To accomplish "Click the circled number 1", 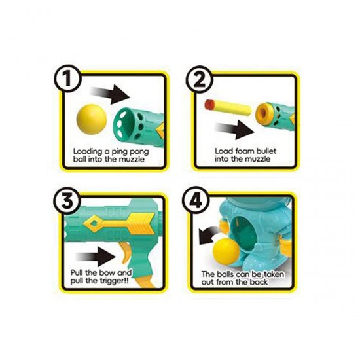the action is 67,79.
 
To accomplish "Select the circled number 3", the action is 67,201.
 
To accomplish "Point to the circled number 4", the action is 196,201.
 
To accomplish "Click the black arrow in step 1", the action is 110,94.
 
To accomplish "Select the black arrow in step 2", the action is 234,130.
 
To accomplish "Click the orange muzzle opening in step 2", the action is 265,114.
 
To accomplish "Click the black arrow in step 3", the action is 96,257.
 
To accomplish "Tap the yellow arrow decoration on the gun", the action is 119,223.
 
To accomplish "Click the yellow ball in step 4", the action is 226,252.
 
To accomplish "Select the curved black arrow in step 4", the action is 209,236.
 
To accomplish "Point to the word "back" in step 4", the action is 259,282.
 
